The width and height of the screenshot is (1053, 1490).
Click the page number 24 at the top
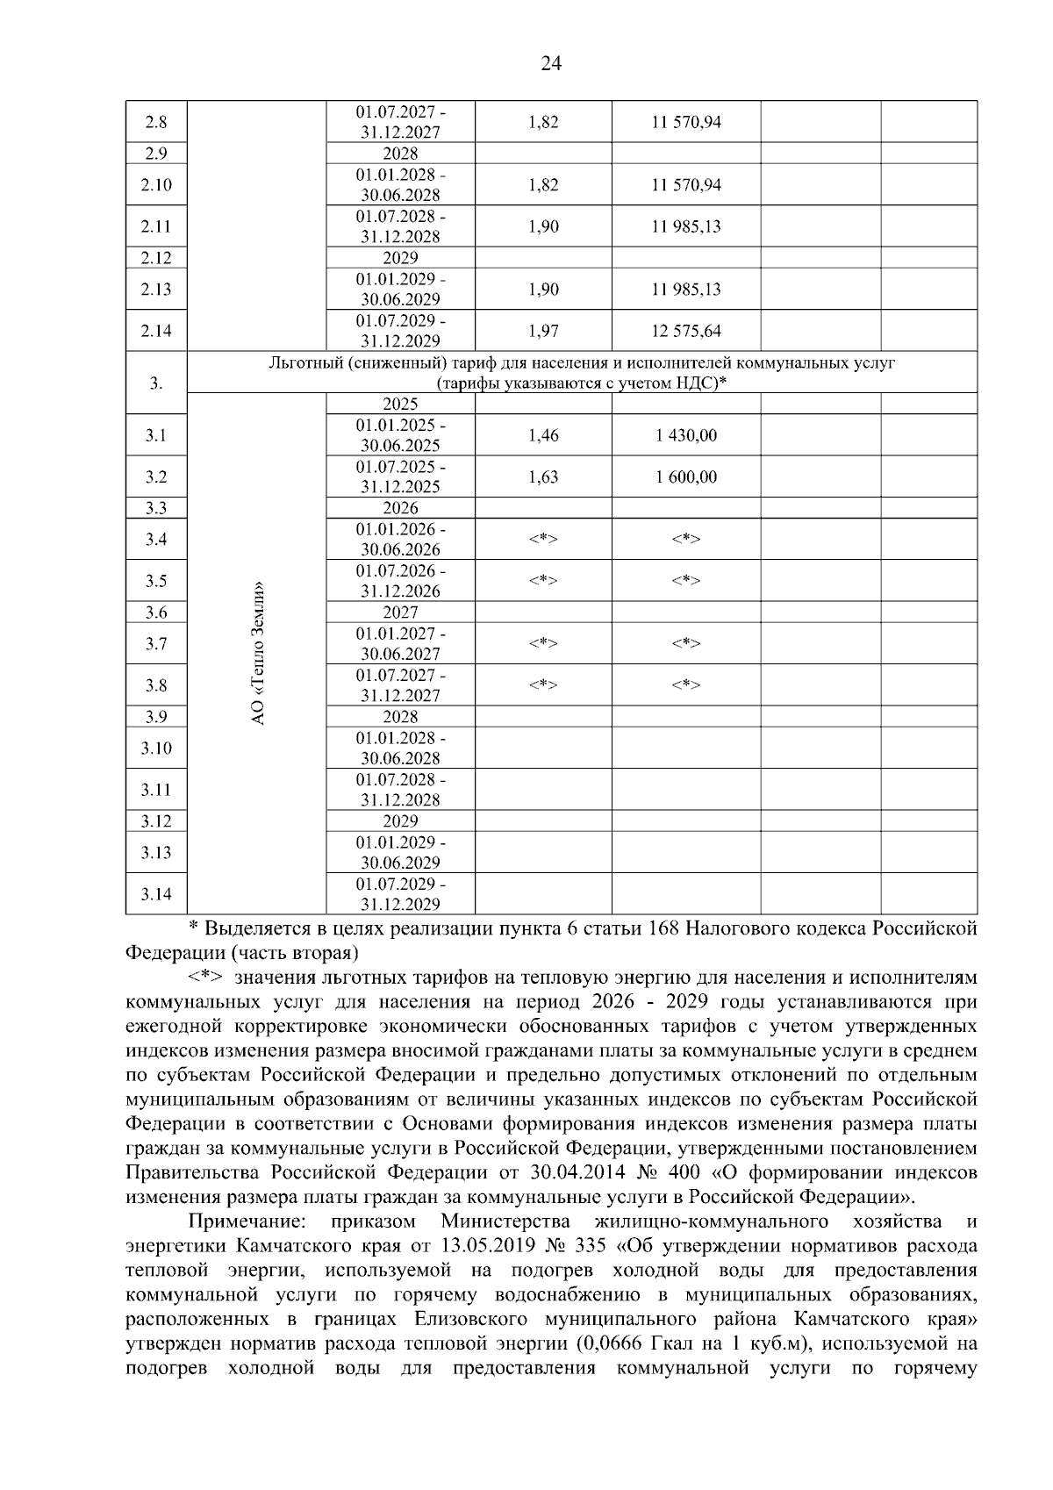[551, 63]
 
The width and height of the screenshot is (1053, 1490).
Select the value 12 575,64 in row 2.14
[685, 331]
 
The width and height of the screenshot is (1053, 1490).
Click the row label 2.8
[155, 122]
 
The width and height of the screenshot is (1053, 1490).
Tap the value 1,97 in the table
[543, 331]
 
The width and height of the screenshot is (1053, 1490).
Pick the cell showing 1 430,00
[685, 435]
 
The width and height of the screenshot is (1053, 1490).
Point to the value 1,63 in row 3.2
[543, 477]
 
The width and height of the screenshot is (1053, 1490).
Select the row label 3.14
[155, 894]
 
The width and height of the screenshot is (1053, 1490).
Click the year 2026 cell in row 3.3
[400, 508]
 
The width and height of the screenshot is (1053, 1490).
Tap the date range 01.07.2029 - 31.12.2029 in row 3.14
[400, 894]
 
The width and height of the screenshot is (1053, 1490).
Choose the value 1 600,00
[685, 477]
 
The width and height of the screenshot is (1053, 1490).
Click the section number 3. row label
[155, 383]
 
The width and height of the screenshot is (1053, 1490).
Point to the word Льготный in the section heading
[304, 362]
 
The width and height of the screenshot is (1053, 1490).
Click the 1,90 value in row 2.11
[543, 226]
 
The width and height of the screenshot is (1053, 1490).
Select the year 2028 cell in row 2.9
[400, 154]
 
